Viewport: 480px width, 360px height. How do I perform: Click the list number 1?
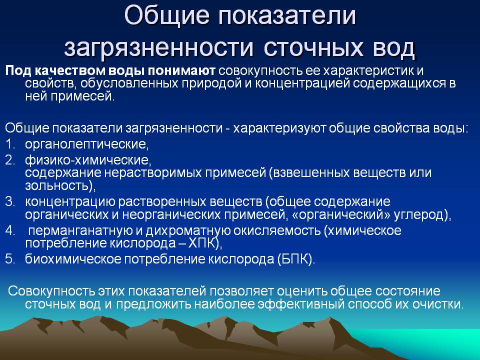tap(10, 144)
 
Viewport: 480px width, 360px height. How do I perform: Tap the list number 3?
tap(10, 201)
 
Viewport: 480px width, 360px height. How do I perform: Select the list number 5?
tap(10, 259)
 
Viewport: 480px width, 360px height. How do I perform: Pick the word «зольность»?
tap(58, 186)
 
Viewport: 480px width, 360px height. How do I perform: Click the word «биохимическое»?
tap(73, 259)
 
